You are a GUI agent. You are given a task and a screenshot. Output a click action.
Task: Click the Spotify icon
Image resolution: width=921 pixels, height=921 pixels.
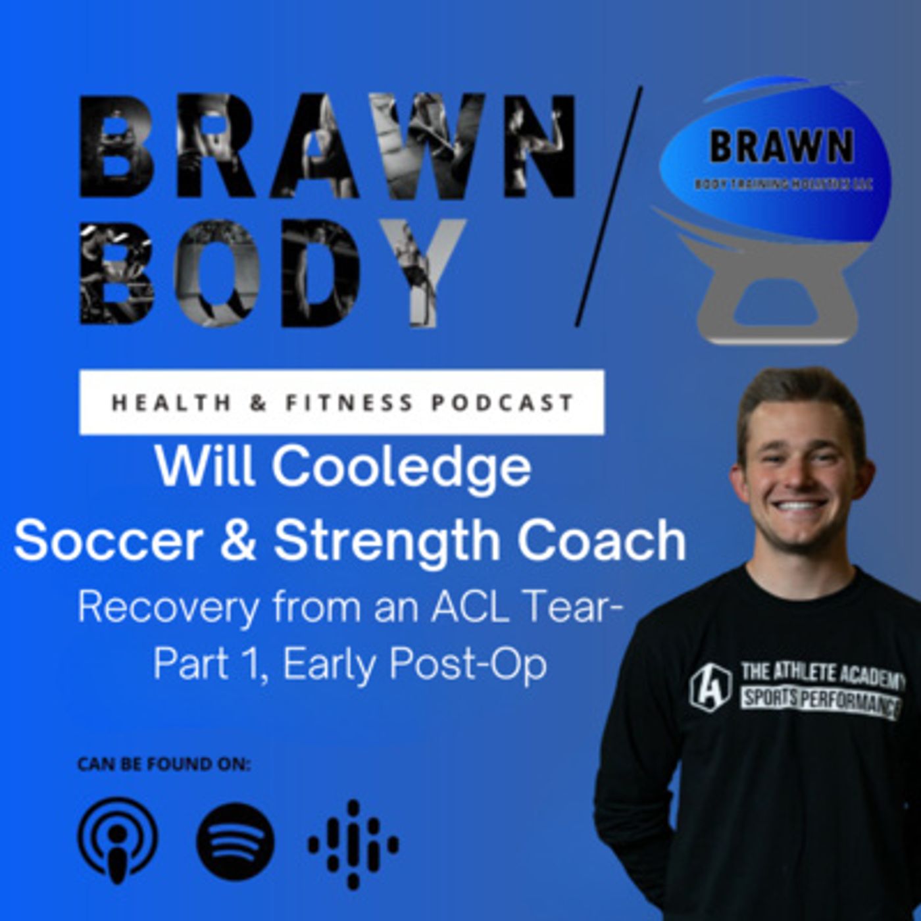(236, 841)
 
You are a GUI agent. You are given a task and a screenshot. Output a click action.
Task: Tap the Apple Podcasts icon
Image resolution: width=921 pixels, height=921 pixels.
(118, 840)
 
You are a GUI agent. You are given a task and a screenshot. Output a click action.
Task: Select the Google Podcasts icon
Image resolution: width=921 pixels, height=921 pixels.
(353, 844)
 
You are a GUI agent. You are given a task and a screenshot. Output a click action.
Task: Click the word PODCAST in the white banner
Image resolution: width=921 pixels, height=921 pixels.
(503, 403)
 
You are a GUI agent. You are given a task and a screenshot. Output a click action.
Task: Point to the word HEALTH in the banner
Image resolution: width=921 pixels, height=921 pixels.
(171, 403)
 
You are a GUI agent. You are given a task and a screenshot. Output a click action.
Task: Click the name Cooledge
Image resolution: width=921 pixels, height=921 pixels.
(401, 467)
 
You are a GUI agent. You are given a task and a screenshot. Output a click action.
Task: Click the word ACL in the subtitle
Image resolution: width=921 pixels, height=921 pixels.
(469, 608)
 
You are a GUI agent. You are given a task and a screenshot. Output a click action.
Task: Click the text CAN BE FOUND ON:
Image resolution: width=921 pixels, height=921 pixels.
(164, 764)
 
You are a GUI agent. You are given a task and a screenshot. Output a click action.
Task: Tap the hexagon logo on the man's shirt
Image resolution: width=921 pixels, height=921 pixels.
(710, 686)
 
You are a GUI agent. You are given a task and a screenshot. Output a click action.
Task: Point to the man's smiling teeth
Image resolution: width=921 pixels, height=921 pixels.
(800, 506)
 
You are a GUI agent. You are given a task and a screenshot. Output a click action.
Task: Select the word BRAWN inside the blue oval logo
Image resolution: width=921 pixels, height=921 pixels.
(782, 146)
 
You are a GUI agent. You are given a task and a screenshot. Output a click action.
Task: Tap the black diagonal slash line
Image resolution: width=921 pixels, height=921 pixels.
(609, 207)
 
